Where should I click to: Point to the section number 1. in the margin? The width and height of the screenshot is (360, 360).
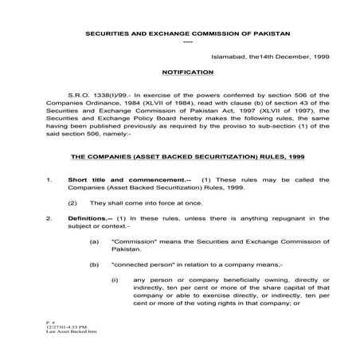tap(49, 181)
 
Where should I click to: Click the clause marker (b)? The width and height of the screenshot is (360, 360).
tap(95, 262)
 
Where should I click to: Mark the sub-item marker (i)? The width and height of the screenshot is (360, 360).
tap(115, 280)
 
